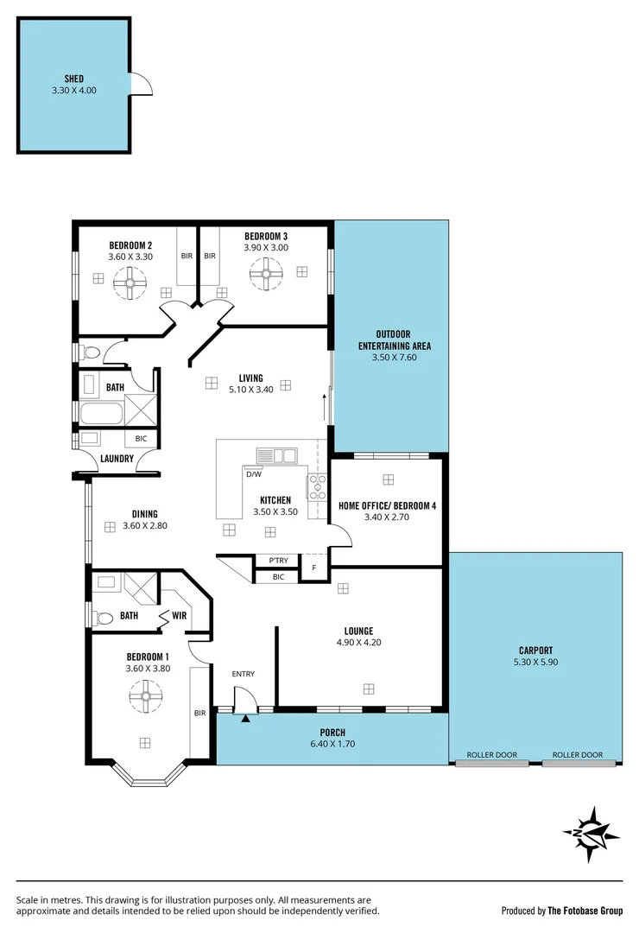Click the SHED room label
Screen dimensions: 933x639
click(x=73, y=78)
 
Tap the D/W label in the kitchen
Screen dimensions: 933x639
click(x=255, y=474)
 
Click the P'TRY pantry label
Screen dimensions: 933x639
click(x=278, y=561)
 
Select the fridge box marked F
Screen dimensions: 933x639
click(x=313, y=568)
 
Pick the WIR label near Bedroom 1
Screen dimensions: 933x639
click(x=179, y=616)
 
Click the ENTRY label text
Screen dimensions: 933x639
click(x=243, y=674)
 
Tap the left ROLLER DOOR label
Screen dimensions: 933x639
click(x=491, y=754)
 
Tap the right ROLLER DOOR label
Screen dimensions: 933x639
click(x=578, y=754)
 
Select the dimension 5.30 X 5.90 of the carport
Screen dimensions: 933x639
click(x=535, y=662)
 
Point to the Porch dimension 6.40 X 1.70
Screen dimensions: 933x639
click(x=332, y=744)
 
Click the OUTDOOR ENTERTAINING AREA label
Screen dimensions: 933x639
click(x=394, y=340)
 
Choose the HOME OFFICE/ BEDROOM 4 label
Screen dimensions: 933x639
click(x=387, y=506)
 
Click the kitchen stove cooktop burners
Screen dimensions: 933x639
click(x=317, y=487)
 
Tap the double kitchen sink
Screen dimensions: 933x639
click(x=276, y=454)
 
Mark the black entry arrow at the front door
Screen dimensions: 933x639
click(x=245, y=716)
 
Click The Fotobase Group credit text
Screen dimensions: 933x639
click(x=585, y=910)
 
